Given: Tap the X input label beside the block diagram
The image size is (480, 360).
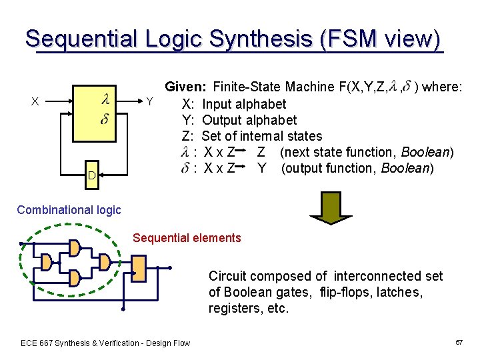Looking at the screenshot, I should (35, 101).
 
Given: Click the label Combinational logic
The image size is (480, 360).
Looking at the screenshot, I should (69, 210).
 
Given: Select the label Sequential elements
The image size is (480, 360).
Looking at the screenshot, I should (187, 238).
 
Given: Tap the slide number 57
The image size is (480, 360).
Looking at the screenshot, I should (459, 342).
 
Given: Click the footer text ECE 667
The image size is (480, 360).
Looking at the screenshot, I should (41, 343).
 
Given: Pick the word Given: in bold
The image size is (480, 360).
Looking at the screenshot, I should (186, 87).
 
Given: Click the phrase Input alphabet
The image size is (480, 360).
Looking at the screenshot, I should (244, 104).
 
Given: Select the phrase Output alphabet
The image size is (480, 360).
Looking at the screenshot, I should (249, 120).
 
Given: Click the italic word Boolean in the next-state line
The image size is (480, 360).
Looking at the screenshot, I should (427, 153).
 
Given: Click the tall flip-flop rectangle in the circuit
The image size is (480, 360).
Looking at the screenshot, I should (138, 267).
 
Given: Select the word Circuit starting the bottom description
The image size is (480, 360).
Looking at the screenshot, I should (227, 276).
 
